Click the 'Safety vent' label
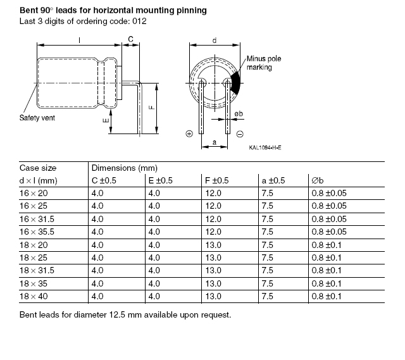click(37, 118)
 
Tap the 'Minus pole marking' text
click(264, 63)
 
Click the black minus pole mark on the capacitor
click(235, 83)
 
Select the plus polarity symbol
click(189, 133)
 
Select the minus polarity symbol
click(240, 134)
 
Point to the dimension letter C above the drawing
click(130, 39)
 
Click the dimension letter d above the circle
click(215, 40)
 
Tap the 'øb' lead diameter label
click(239, 114)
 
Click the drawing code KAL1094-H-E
click(265, 147)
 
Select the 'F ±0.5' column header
click(216, 180)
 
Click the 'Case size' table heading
click(38, 168)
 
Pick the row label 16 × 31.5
click(37, 219)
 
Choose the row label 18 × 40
click(34, 296)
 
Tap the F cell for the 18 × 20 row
click(213, 245)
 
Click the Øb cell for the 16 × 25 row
click(329, 206)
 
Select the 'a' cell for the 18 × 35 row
click(267, 283)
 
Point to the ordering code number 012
click(139, 21)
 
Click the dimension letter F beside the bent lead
click(152, 107)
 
